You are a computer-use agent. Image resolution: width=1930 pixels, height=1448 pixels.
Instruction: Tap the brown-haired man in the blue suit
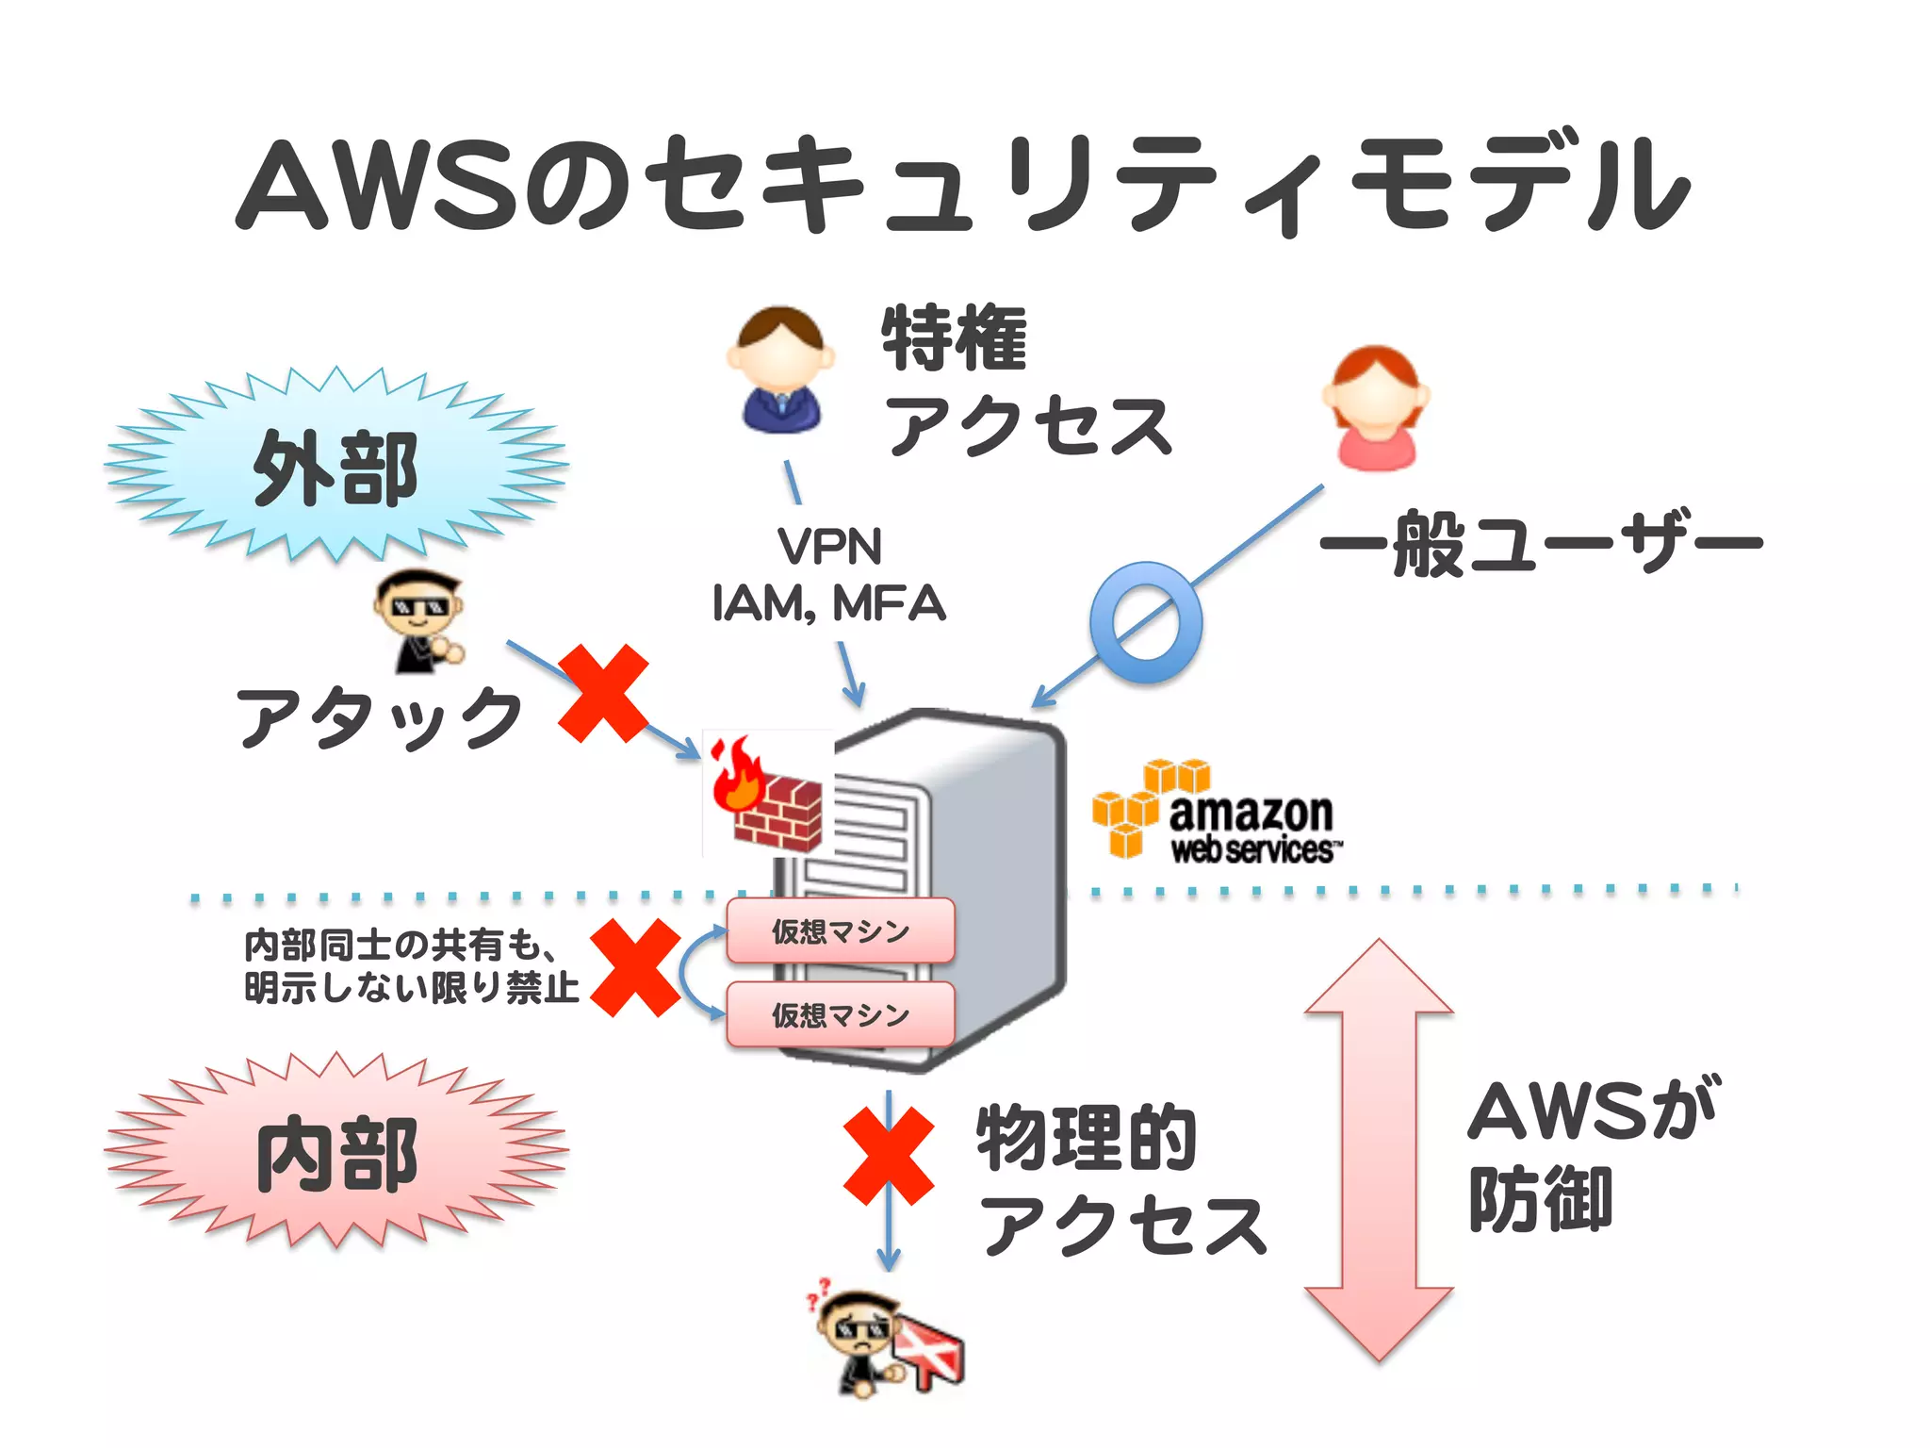780,370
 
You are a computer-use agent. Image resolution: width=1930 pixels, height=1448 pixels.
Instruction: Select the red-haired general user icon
1376,407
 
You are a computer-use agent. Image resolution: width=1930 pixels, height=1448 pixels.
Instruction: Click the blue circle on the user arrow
1145,623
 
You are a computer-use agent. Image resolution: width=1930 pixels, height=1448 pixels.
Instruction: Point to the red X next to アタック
604,694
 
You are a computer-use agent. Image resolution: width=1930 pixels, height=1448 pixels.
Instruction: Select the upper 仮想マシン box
841,931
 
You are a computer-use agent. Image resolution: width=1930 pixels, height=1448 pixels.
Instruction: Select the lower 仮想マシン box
841,1014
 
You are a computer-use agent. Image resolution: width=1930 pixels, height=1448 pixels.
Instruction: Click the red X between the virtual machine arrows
636,968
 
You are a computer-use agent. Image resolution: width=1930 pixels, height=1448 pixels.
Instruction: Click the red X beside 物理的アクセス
889,1157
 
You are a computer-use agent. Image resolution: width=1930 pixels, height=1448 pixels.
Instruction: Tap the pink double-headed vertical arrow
1379,1150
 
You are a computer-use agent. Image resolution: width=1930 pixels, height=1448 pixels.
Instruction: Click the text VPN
829,547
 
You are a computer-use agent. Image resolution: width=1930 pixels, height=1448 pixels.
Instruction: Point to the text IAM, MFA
829,603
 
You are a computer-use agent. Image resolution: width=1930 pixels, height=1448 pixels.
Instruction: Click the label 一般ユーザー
1542,543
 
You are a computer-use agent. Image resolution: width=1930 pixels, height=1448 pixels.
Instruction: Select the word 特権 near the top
954,337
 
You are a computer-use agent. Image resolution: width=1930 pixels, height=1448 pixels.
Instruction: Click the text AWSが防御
1593,1155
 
